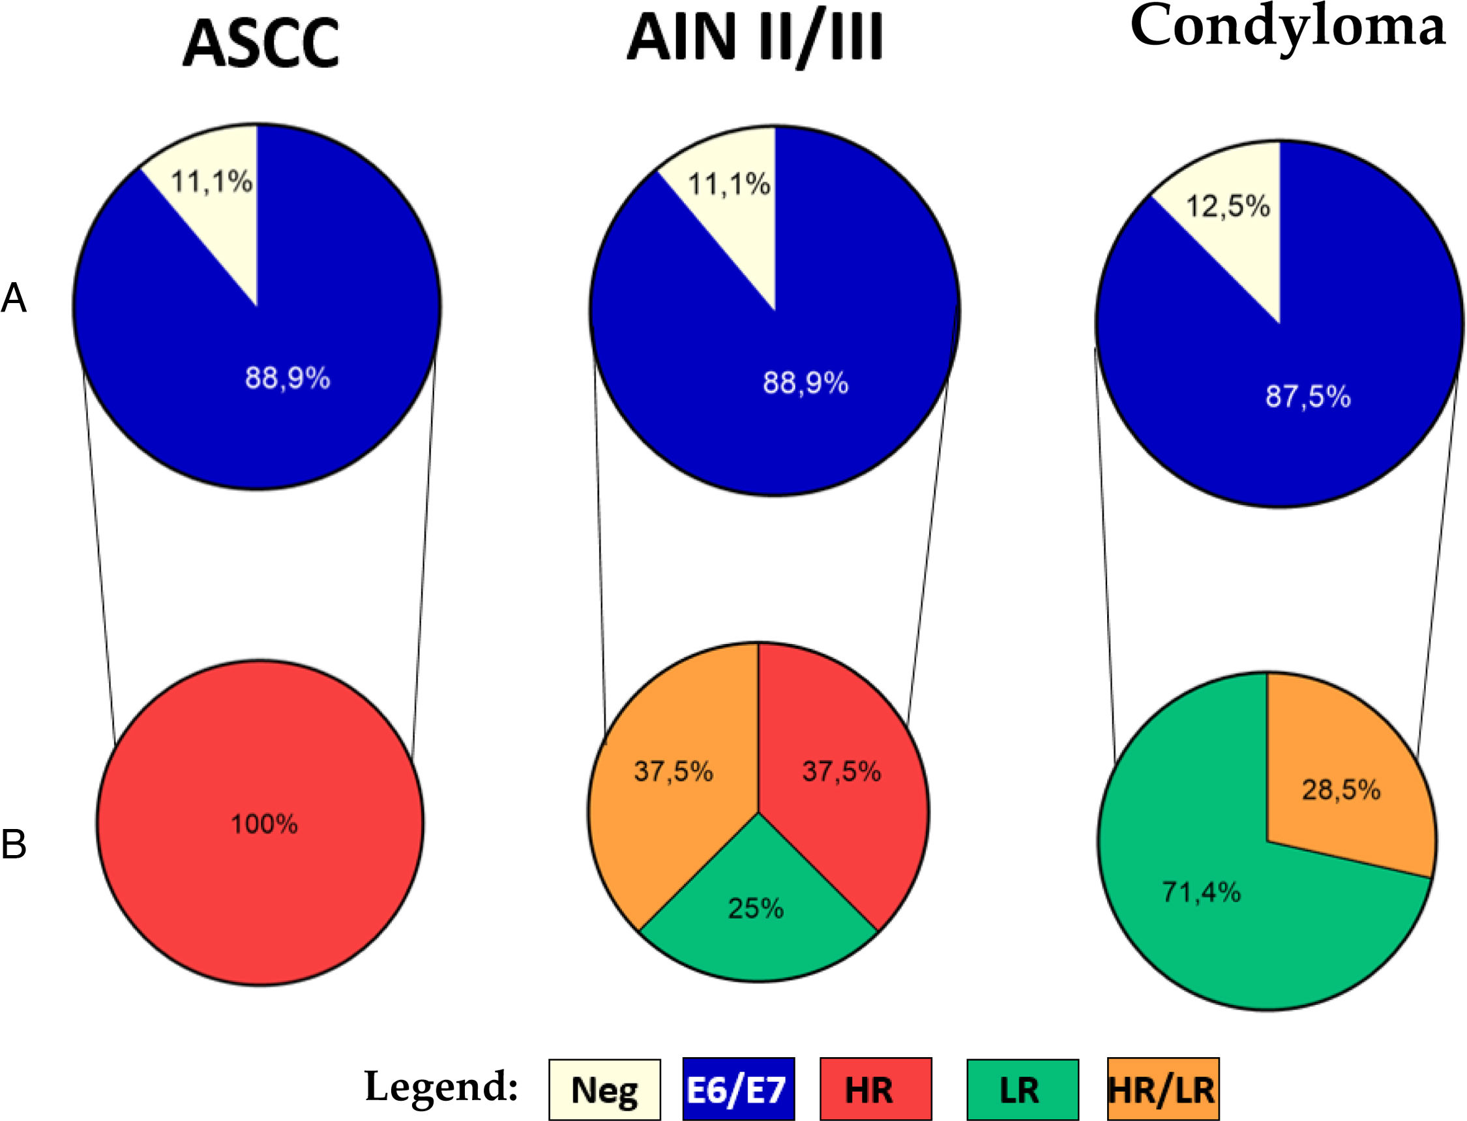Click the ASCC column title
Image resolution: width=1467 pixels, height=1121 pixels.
pos(261,44)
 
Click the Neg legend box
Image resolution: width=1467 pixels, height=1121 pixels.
pos(604,1090)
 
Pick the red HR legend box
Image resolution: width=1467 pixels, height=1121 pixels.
pos(875,1090)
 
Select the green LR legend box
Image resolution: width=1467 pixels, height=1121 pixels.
pos(1022,1090)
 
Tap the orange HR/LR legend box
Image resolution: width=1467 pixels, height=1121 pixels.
pos(1162,1090)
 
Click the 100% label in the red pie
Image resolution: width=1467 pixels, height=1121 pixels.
pos(264,824)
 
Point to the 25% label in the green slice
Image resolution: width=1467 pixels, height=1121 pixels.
pos(756,908)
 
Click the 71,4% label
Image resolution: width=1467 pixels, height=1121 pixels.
pos(1202,892)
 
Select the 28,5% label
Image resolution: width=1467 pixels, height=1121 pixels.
pos(1341,790)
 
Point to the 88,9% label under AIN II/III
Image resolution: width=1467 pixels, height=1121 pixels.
pos(806,384)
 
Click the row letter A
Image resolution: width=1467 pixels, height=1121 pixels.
pos(14,298)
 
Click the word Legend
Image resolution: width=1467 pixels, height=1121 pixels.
pos(441,1086)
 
